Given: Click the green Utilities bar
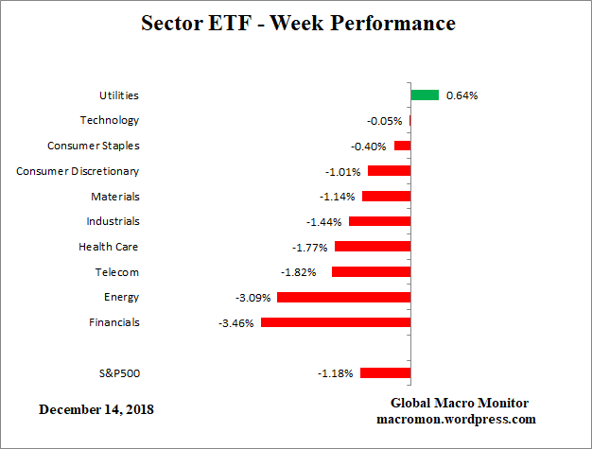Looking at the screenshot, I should (425, 95).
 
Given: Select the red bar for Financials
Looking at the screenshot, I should (335, 322).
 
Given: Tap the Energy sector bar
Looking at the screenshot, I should (343, 297).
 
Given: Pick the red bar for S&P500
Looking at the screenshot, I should (385, 373).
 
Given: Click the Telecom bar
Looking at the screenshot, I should (371, 272).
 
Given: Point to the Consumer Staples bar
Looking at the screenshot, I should (402, 146).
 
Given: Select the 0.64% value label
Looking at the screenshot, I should (462, 95).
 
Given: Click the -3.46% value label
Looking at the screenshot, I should (235, 323).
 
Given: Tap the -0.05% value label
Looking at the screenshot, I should (384, 121).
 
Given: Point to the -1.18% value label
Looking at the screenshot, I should (335, 373).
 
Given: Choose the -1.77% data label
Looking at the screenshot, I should (309, 248).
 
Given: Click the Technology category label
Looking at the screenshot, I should (110, 120).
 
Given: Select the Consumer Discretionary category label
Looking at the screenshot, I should (78, 171).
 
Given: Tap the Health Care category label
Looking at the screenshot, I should (109, 247).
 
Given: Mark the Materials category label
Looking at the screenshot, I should (115, 197).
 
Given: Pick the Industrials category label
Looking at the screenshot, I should (113, 221).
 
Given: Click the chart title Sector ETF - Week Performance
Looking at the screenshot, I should (297, 22).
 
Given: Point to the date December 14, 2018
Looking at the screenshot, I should (96, 410).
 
